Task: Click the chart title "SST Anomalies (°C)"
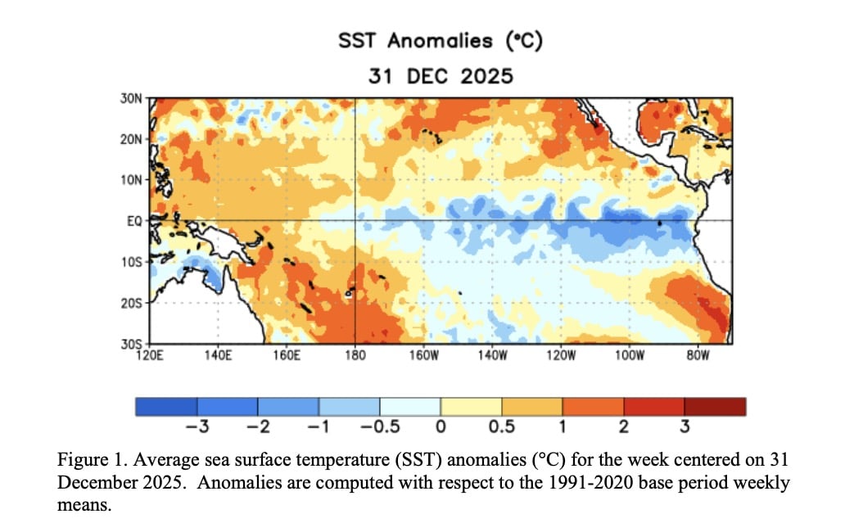(440, 42)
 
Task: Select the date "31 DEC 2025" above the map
(440, 76)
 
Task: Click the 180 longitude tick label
(355, 356)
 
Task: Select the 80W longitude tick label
(697, 356)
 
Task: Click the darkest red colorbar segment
(715, 407)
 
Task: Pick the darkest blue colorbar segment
(166, 407)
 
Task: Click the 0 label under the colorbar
(441, 426)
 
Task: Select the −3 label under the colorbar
(193, 426)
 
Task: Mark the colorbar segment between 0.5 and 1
(531, 407)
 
